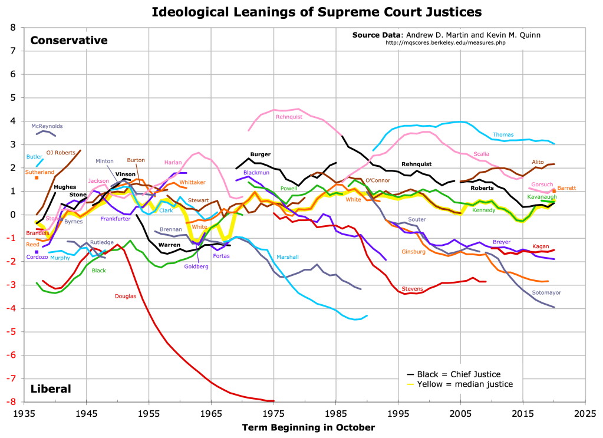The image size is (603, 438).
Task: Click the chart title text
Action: pyautogui.click(x=317, y=11)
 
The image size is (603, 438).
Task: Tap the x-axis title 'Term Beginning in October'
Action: pyautogui.click(x=308, y=427)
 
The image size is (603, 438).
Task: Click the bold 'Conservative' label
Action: pyautogui.click(x=69, y=40)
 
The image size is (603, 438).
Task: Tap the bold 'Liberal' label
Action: pyautogui.click(x=51, y=388)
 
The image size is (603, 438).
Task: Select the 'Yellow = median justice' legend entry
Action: pyautogui.click(x=464, y=384)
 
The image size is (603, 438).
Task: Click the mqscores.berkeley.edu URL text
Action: pyautogui.click(x=446, y=42)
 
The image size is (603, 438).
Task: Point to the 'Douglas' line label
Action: pyautogui.click(x=125, y=296)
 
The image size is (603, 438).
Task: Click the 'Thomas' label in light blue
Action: pyautogui.click(x=503, y=135)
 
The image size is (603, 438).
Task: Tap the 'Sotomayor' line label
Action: pyautogui.click(x=546, y=292)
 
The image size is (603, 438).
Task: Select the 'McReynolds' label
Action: pyautogui.click(x=47, y=126)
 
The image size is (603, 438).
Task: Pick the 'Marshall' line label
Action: pyautogui.click(x=287, y=257)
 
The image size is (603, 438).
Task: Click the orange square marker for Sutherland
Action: pyautogui.click(x=37, y=177)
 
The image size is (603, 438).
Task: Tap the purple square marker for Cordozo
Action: pyautogui.click(x=37, y=252)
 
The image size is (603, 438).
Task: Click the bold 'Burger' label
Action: pyautogui.click(x=260, y=154)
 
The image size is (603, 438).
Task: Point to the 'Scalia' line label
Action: pyautogui.click(x=481, y=154)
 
